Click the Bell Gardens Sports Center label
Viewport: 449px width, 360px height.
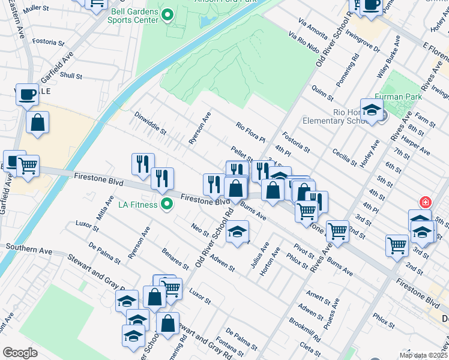[x=133, y=15]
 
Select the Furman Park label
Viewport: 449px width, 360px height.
[x=395, y=97]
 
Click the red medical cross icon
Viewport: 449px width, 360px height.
[x=426, y=202]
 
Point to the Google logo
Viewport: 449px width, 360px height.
[x=20, y=353]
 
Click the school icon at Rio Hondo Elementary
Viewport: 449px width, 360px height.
[x=372, y=110]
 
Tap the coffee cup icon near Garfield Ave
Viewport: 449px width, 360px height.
[x=26, y=95]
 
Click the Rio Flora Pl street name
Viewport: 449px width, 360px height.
[x=250, y=132]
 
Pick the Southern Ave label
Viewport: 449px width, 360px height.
[x=25, y=247]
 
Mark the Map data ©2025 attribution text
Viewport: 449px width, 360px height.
[x=423, y=355]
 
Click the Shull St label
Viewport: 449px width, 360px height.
[x=71, y=76]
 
